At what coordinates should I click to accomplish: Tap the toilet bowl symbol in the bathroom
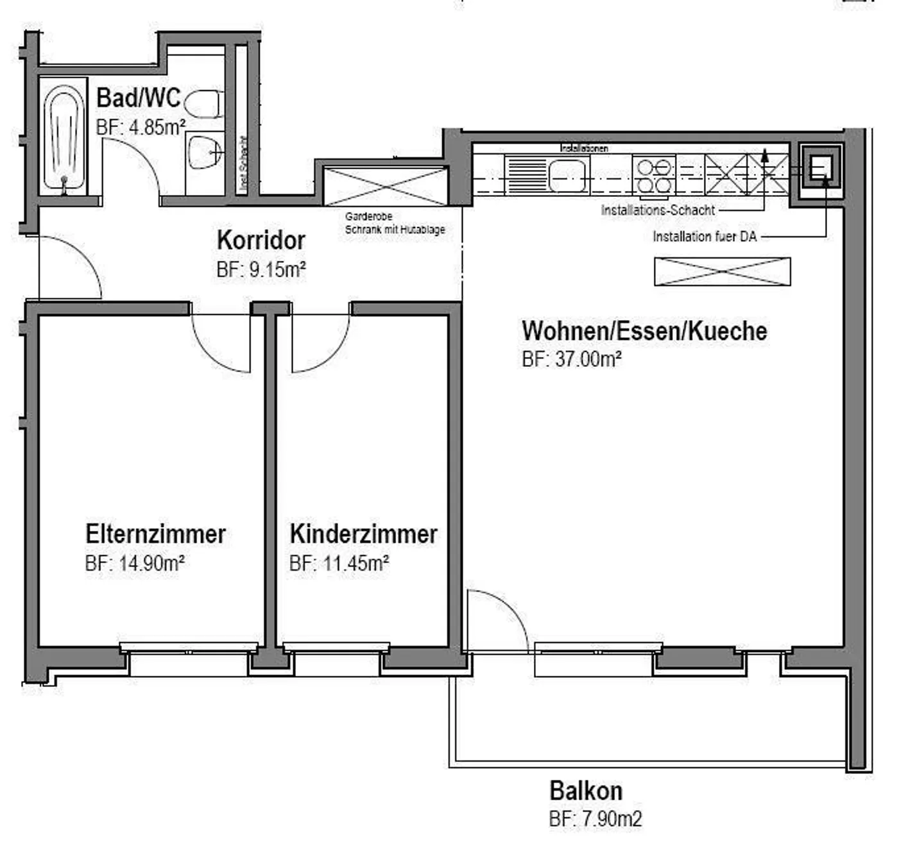203,104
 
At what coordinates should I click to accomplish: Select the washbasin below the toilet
205,153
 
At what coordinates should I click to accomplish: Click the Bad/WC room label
139,98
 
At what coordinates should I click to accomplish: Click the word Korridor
261,240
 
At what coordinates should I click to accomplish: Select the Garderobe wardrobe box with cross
386,186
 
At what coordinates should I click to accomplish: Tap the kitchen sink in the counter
567,174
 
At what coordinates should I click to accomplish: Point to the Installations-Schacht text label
658,210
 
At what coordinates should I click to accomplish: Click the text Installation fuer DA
705,237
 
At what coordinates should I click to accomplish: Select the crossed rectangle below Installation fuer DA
723,271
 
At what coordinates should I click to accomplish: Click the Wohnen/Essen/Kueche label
644,331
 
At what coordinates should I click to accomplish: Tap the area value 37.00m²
571,358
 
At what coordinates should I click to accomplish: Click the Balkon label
585,791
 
